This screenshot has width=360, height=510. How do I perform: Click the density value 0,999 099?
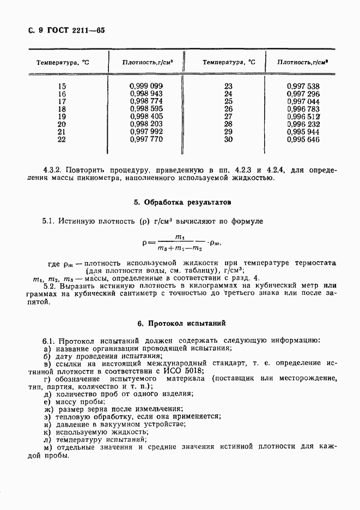click(147, 86)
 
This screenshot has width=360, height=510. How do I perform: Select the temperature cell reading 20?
click(62, 124)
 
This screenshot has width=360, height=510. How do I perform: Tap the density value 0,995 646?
click(303, 139)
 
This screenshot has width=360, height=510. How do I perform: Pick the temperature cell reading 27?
click(228, 117)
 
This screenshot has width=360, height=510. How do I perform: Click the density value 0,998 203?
click(147, 124)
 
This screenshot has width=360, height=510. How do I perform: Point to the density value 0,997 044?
click(303, 101)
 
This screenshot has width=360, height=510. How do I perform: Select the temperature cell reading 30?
click(228, 139)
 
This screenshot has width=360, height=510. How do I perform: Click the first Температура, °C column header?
click(63, 63)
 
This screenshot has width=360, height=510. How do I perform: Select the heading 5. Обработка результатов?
click(182, 202)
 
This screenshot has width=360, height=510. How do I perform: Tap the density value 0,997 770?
click(147, 139)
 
